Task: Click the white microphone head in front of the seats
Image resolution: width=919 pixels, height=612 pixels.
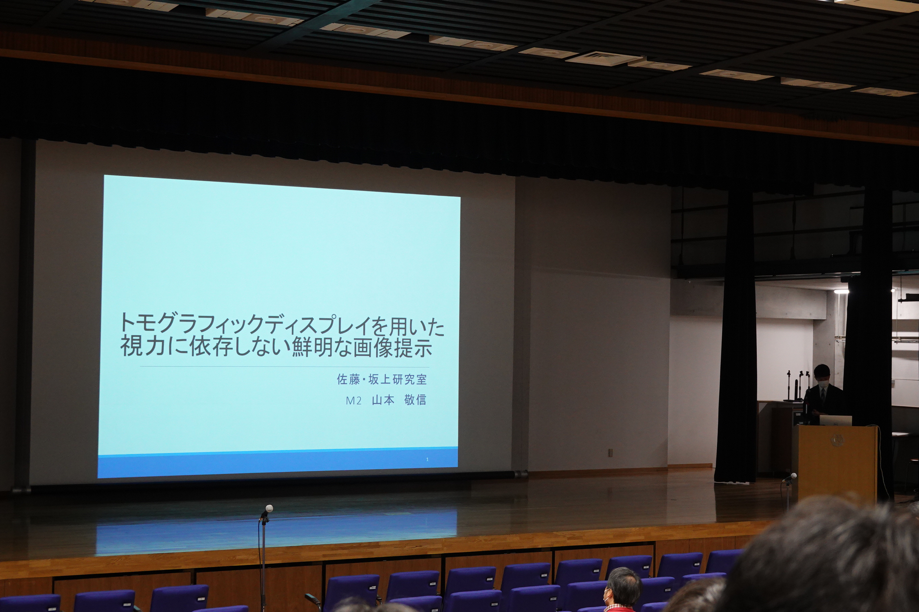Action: pyautogui.click(x=269, y=509)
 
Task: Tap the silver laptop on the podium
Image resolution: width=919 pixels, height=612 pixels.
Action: pyautogui.click(x=836, y=420)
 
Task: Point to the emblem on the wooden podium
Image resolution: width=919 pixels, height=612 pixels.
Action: pyautogui.click(x=837, y=441)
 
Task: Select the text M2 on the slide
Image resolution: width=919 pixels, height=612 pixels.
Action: pyautogui.click(x=353, y=401)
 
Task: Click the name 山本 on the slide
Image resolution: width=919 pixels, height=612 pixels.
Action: pyautogui.click(x=383, y=400)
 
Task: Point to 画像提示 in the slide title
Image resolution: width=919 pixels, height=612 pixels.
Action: pyautogui.click(x=392, y=347)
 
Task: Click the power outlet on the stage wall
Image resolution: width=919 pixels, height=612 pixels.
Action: pyautogui.click(x=610, y=453)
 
